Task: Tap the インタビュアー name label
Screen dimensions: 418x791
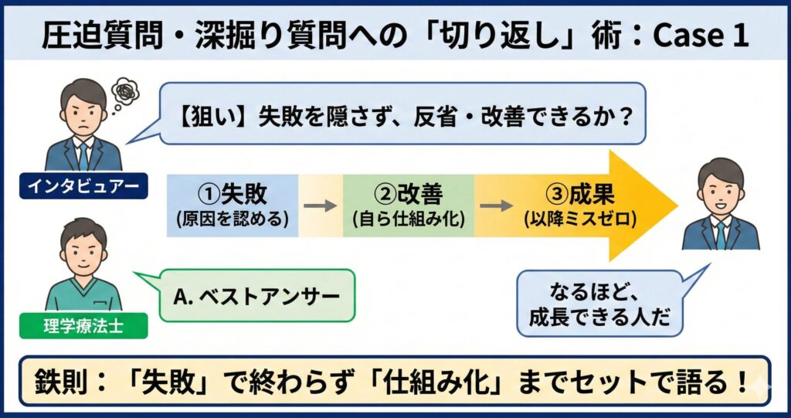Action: (83, 186)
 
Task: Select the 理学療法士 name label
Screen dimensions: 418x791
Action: (83, 326)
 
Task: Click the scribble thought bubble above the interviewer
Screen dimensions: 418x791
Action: (123, 91)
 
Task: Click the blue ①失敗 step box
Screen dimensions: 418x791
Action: (233, 205)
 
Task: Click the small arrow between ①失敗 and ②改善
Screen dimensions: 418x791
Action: (320, 206)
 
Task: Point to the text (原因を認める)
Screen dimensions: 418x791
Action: (233, 219)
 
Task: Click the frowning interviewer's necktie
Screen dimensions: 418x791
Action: (83, 155)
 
